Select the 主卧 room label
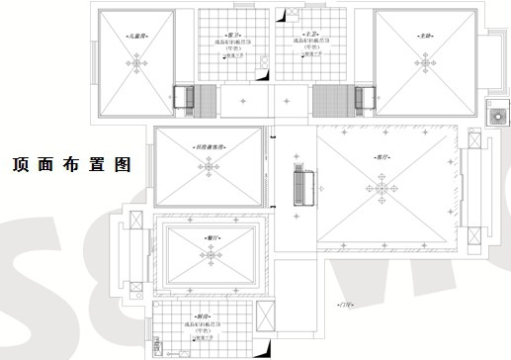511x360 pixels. pyautogui.click(x=425, y=36)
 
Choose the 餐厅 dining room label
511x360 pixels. pyautogui.click(x=211, y=238)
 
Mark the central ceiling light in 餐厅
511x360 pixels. pyautogui.click(x=211, y=254)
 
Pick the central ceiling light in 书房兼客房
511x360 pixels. pyautogui.click(x=207, y=167)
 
